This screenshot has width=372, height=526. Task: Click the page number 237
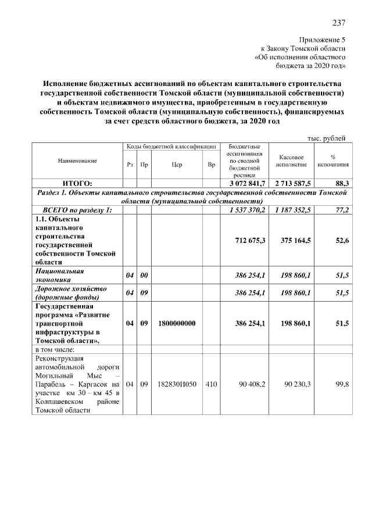339,23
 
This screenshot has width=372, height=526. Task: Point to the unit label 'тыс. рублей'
326,138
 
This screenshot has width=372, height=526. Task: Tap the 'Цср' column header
177,165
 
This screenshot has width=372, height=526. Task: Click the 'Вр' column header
211,165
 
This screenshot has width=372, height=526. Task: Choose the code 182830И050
177,384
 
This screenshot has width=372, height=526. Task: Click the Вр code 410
211,384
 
